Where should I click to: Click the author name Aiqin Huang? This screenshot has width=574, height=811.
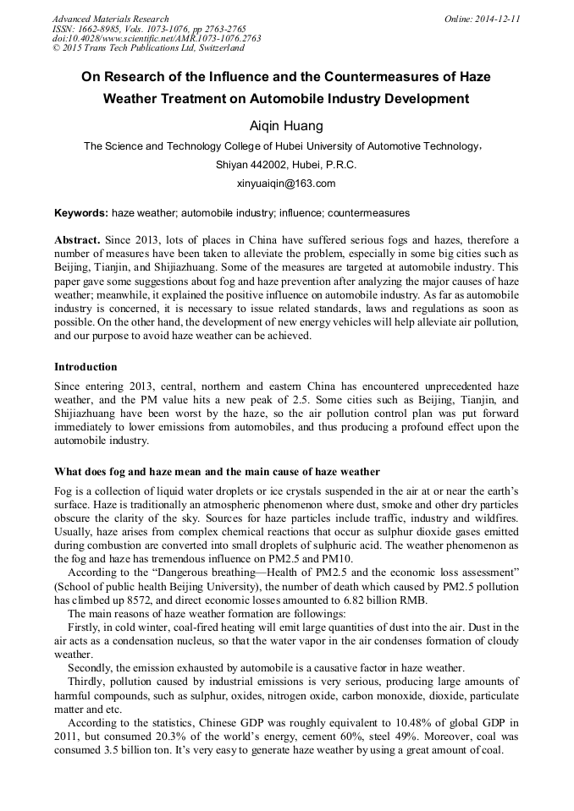[x=285, y=126]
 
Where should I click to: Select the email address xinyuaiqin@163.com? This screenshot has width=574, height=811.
[x=286, y=183]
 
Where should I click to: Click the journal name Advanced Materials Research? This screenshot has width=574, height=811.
[x=111, y=19]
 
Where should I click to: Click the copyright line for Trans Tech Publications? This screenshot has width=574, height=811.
[x=148, y=48]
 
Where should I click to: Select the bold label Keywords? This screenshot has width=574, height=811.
[x=81, y=213]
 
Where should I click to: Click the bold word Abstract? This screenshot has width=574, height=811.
[x=77, y=240]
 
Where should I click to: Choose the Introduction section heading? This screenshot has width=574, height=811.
[x=86, y=367]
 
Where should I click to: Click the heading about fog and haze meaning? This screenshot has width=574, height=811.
[x=217, y=471]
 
